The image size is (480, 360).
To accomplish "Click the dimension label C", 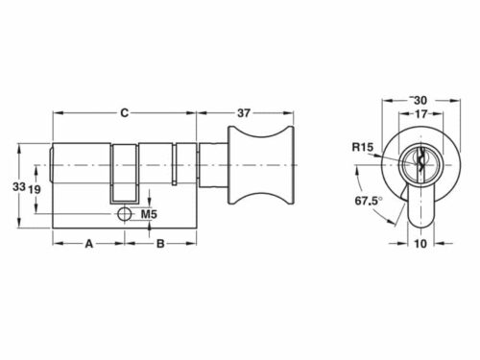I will (x=125, y=113).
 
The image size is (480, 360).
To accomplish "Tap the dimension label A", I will (x=88, y=244).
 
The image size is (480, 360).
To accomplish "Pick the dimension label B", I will (x=160, y=244).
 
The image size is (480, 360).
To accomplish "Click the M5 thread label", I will (x=149, y=213).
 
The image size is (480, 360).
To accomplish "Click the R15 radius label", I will (x=362, y=147).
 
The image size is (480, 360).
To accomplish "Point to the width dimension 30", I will (x=420, y=100).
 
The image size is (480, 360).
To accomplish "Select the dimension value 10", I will (x=420, y=244).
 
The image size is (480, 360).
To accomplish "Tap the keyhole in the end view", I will (x=420, y=165).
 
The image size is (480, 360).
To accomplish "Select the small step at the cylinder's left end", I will (x=50, y=167).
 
